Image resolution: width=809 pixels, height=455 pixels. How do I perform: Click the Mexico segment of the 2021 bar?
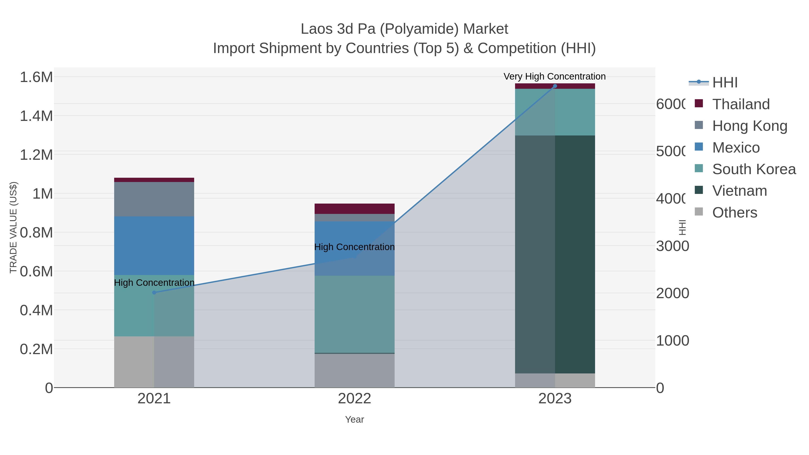point(154,246)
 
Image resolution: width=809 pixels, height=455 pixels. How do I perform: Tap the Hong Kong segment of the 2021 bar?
point(154,199)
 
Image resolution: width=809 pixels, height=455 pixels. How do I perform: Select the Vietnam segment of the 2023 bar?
point(555,254)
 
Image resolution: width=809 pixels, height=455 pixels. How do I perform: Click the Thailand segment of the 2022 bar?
point(355,209)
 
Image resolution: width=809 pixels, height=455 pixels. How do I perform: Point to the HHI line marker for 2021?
point(154,293)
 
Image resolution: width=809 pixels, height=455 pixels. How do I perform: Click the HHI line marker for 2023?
point(555,86)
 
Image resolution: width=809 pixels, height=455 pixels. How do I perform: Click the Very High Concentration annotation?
point(555,76)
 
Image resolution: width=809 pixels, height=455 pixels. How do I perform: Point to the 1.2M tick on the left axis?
point(36,155)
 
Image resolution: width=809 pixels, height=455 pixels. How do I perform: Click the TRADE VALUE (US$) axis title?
point(13,227)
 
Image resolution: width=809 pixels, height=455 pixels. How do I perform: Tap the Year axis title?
point(355,419)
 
